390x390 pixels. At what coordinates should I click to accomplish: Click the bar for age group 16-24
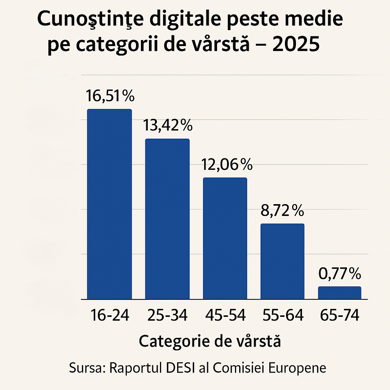click(x=109, y=204)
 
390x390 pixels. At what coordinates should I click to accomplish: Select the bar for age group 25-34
click(x=167, y=219)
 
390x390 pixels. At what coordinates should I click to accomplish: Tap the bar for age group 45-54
click(x=225, y=238)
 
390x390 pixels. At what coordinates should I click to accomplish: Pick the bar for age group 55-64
click(x=282, y=261)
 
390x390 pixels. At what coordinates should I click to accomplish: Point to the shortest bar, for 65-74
click(x=339, y=293)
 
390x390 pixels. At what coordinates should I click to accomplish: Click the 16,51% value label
click(x=110, y=96)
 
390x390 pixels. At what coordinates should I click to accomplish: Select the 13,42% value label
click(x=168, y=125)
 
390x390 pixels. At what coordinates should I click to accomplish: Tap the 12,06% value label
click(x=226, y=165)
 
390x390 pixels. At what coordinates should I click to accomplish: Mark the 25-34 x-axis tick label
click(x=167, y=315)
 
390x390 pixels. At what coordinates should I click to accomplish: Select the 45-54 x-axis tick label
click(x=225, y=315)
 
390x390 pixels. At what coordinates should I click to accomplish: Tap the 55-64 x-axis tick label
click(x=283, y=315)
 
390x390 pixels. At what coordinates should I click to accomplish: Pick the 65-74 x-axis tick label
click(x=340, y=315)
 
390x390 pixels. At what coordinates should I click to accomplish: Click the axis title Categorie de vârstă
click(x=210, y=341)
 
